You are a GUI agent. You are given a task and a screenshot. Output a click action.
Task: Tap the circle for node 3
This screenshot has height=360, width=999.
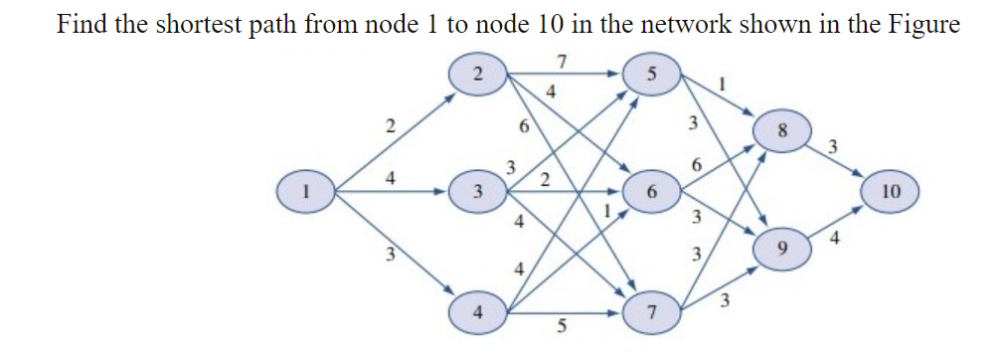click(x=479, y=190)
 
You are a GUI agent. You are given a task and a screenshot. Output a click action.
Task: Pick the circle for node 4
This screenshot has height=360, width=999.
click(x=479, y=311)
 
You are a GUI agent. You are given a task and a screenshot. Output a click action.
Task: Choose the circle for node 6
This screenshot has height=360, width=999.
click(x=651, y=190)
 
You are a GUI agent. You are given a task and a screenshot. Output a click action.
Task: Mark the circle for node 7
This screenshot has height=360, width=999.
click(x=651, y=312)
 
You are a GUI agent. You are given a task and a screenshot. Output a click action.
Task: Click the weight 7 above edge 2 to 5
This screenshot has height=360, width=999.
click(x=563, y=62)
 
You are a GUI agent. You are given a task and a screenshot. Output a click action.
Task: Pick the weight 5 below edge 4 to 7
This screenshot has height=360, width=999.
click(x=563, y=329)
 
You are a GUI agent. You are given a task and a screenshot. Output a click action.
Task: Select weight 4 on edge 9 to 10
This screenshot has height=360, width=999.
click(x=834, y=239)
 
